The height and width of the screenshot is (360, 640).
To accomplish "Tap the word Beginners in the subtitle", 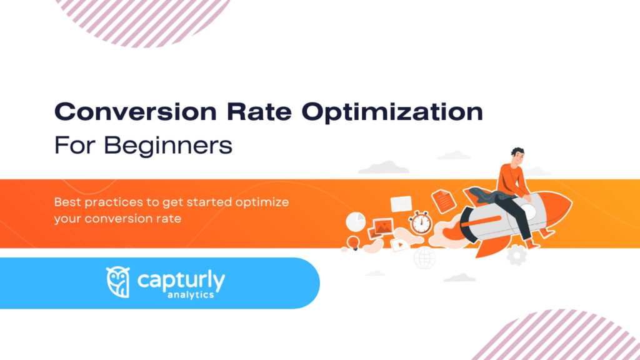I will (x=168, y=146).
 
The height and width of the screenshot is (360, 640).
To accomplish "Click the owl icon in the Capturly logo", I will (x=118, y=282).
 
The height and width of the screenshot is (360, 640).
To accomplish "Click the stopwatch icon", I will (x=419, y=222).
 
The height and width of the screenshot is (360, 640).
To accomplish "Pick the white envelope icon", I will (x=401, y=204).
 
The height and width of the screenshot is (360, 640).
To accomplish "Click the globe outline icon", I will (x=425, y=256).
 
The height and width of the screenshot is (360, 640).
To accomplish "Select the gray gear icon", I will (x=516, y=255).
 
